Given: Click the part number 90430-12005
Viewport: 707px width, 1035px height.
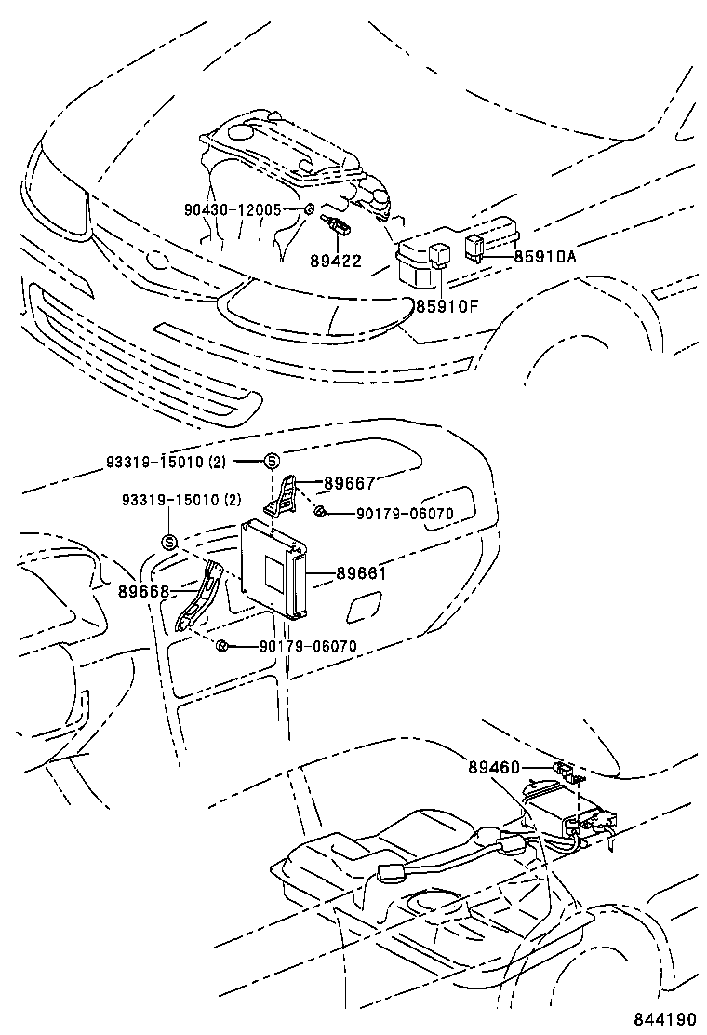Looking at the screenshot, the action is point(233,210).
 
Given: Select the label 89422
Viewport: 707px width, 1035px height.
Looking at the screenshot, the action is point(337,262).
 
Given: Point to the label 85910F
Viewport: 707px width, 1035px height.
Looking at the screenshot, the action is point(446,307).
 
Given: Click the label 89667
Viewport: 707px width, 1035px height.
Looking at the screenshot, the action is point(350,484).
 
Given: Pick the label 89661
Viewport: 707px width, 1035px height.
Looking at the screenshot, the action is point(362,573).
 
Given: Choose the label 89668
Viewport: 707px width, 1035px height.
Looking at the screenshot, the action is point(144,591).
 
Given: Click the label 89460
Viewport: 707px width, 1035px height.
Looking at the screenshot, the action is point(495,767).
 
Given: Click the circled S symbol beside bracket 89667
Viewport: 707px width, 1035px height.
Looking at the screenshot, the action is point(273,462).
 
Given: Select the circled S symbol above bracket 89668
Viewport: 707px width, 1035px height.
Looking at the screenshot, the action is point(168,543).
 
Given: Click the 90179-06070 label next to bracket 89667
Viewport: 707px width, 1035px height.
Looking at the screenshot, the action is point(405,513).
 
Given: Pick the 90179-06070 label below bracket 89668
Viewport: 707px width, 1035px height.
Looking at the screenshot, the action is point(308,646).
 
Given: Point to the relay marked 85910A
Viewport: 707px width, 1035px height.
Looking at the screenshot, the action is point(475,248).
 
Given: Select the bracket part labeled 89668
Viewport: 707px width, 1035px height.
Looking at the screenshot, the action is point(201,594).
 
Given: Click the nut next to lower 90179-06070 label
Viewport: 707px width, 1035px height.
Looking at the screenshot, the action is point(222,645).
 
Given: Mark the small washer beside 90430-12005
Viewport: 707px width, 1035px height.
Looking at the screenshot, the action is point(308,210).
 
